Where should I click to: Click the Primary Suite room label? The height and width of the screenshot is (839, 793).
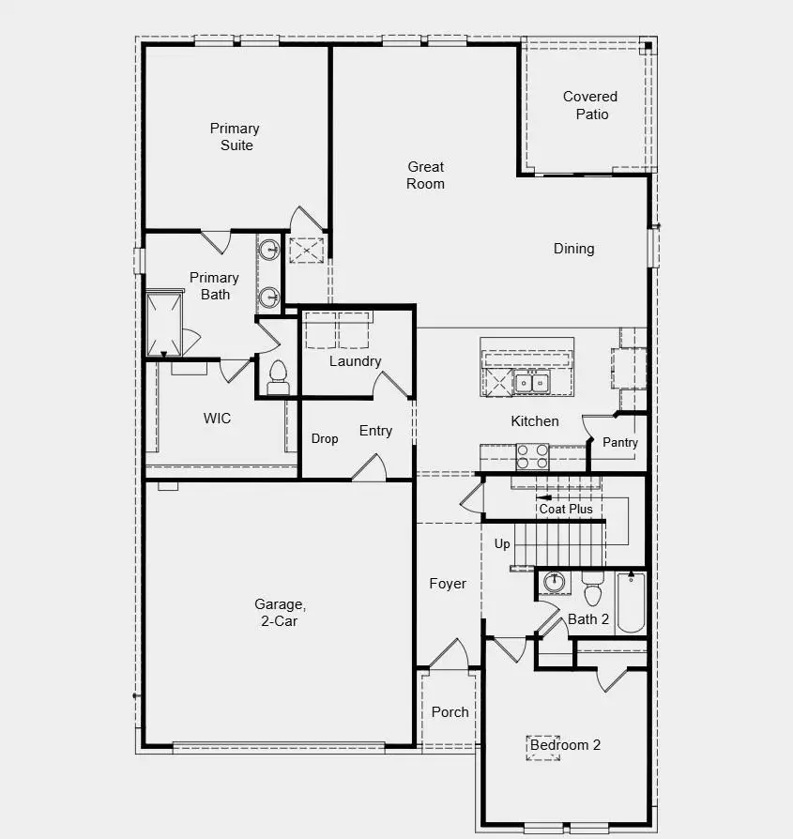pyautogui.click(x=235, y=137)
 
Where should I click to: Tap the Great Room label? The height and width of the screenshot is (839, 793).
pyautogui.click(x=425, y=175)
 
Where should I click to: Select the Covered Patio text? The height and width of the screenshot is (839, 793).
pyautogui.click(x=590, y=105)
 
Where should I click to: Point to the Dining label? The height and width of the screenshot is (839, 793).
pyautogui.click(x=573, y=249)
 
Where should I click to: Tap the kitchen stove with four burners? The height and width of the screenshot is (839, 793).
pyautogui.click(x=532, y=456)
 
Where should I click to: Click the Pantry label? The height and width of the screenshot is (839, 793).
pyautogui.click(x=620, y=443)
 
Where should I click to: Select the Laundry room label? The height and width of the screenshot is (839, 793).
pyautogui.click(x=355, y=361)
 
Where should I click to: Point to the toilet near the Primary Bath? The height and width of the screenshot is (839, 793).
pyautogui.click(x=277, y=378)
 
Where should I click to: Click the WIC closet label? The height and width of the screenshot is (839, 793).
pyautogui.click(x=217, y=419)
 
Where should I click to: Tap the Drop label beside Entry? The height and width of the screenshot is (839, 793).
pyautogui.click(x=325, y=439)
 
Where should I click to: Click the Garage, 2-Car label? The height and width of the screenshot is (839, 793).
pyautogui.click(x=280, y=613)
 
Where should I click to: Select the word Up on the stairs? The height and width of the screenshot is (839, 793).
pyautogui.click(x=503, y=544)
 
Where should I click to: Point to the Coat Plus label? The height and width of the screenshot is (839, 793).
pyautogui.click(x=566, y=509)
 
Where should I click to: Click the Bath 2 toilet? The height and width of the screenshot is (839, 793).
pyautogui.click(x=592, y=591)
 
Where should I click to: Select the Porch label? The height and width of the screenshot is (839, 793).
pyautogui.click(x=450, y=712)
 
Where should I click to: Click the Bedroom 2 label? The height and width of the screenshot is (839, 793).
pyautogui.click(x=565, y=745)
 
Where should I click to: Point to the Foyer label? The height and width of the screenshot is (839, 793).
pyautogui.click(x=448, y=584)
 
